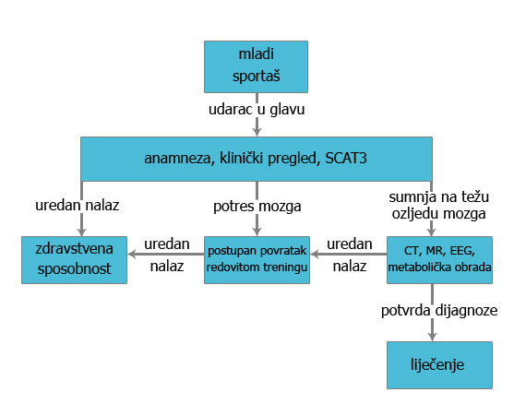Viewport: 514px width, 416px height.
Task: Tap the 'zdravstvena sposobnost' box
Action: coord(75,259)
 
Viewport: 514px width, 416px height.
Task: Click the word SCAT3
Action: coord(346,159)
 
